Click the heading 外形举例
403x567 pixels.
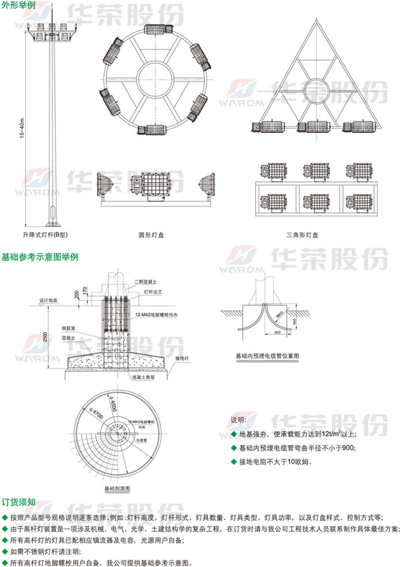coord(17,5)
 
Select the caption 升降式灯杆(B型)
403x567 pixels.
coord(45,235)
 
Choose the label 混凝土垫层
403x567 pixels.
coord(143,377)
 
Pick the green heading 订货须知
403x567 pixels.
coord(19,502)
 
